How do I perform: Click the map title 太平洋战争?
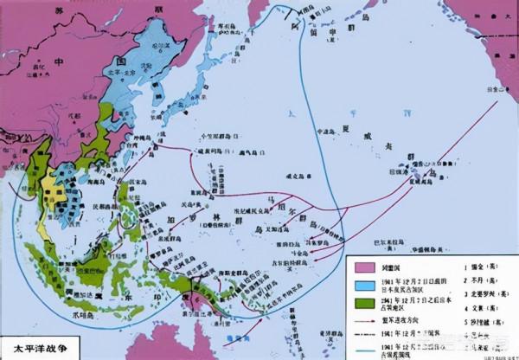point(35,350)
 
